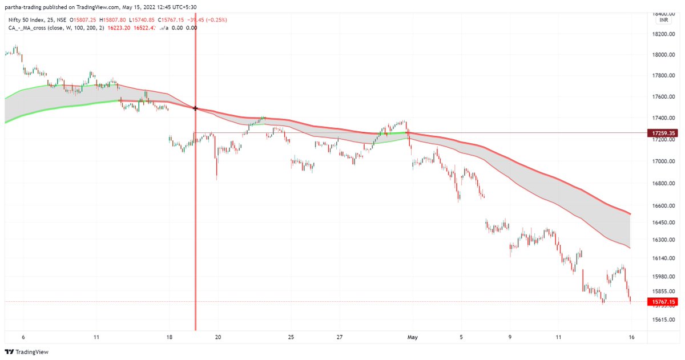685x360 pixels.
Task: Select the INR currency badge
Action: tap(664, 20)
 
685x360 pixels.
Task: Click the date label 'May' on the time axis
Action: tap(413, 337)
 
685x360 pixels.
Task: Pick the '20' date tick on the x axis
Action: tap(218, 337)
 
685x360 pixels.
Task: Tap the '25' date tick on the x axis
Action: tap(291, 337)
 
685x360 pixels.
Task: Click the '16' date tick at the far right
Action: tap(631, 337)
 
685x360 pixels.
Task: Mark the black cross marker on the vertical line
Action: tap(196, 108)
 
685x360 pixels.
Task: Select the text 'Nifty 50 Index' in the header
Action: tap(28, 19)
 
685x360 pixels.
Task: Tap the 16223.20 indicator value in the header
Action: tap(118, 27)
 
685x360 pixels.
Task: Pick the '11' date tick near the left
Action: tap(96, 337)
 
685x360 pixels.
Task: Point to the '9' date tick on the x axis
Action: tap(510, 337)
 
